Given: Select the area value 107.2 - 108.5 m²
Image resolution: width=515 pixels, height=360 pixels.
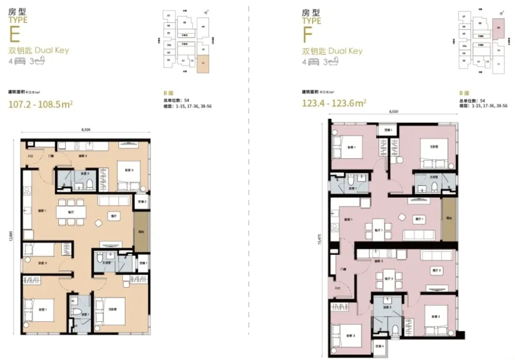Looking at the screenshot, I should [39, 105].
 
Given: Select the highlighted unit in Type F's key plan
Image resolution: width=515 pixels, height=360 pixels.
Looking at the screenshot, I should [497, 27].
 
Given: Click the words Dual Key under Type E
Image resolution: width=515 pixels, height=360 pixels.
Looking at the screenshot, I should [53, 50].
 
